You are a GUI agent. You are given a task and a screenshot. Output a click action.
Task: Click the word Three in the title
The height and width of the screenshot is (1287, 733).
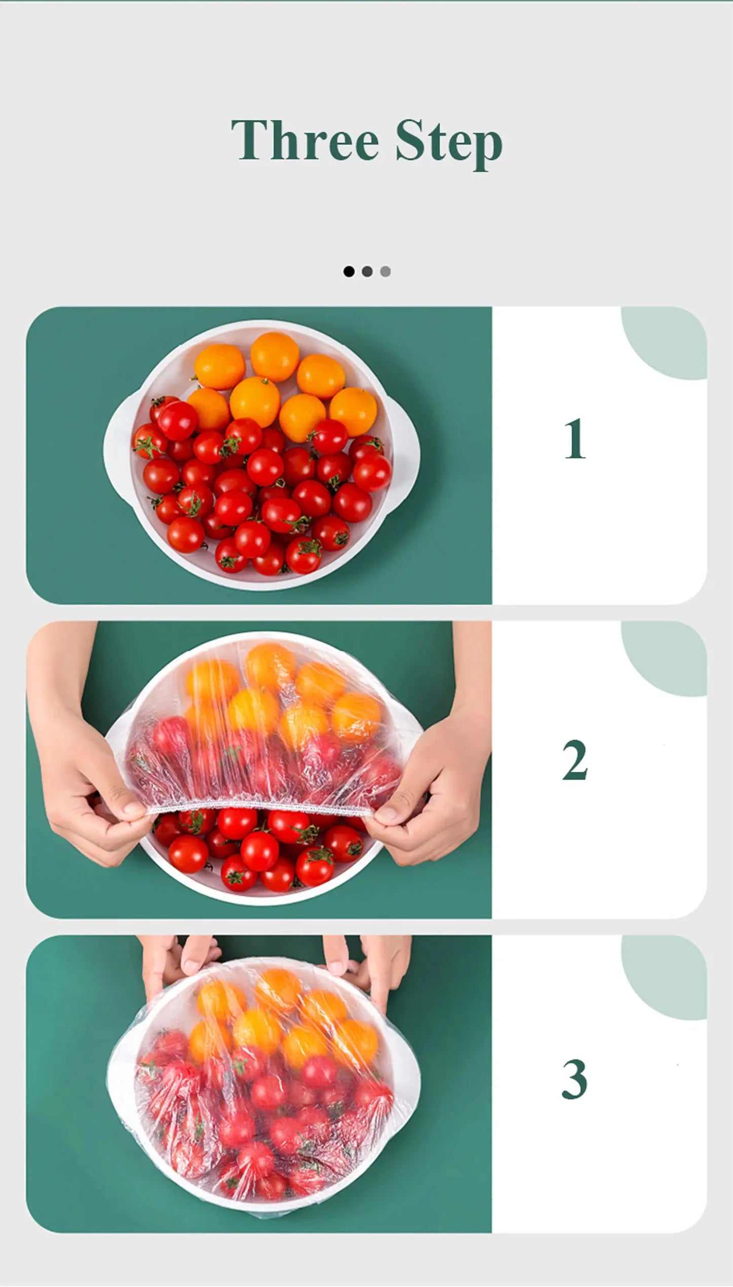coord(304,140)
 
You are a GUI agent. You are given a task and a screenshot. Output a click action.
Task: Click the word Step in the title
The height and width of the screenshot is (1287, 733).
coord(448,142)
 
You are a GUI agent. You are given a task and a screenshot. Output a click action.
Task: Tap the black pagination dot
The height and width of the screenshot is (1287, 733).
coord(349,271)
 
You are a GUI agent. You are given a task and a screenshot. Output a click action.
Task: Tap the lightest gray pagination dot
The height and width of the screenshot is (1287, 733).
coord(386,271)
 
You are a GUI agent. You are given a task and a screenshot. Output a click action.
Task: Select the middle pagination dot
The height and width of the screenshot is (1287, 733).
coord(367,271)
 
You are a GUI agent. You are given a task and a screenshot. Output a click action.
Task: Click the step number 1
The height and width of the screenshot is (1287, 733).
coord(575,439)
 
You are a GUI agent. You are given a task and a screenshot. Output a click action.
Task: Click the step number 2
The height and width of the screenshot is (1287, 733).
coord(574,759)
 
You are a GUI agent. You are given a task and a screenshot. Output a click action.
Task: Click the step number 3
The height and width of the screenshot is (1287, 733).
coord(574,1080)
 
